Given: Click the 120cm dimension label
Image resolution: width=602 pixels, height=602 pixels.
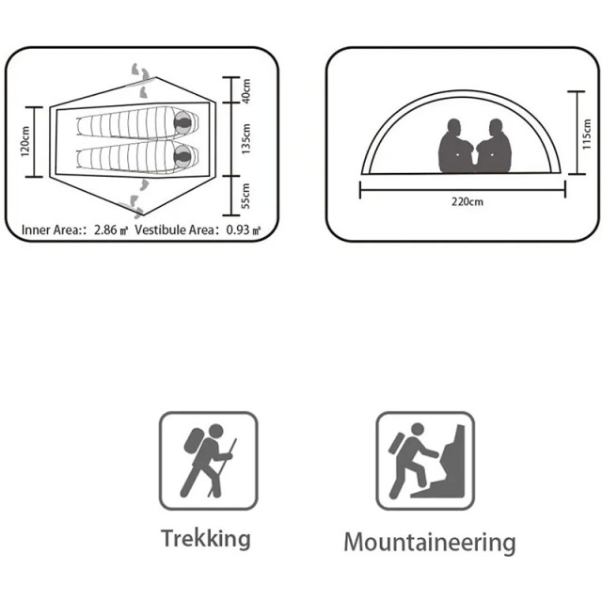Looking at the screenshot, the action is point(25,141).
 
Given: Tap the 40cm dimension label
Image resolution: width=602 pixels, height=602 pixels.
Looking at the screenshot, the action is point(246,91).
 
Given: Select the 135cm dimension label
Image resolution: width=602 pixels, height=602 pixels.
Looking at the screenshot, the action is point(246,138).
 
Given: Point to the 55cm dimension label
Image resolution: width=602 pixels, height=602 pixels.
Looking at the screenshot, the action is point(246,196).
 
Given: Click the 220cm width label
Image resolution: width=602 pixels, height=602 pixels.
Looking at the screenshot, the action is point(467,201).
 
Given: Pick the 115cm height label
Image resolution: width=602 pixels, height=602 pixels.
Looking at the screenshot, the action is point(587,134).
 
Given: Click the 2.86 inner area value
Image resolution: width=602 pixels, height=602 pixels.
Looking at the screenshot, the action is point(105,230).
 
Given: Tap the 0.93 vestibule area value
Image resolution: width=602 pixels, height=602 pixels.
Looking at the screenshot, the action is point(237,230).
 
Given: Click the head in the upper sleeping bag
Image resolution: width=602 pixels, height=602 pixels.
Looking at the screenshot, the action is point(182,122).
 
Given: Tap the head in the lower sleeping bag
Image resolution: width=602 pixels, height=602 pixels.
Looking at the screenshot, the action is point(182,156).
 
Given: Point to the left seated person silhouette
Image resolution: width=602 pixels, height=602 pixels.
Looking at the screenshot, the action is point(455,146).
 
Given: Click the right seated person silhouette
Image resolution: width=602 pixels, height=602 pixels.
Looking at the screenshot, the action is point(495,146).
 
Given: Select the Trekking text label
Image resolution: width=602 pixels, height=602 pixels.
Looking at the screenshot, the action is point(206,539).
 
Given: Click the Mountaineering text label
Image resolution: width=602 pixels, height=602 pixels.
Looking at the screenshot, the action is point(430,542).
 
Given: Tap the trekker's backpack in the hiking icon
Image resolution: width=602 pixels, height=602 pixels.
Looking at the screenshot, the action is point(195,441).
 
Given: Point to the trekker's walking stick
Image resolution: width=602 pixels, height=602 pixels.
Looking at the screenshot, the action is point(222,467).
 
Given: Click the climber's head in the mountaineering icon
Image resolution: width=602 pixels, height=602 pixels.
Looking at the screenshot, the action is point(418,429).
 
